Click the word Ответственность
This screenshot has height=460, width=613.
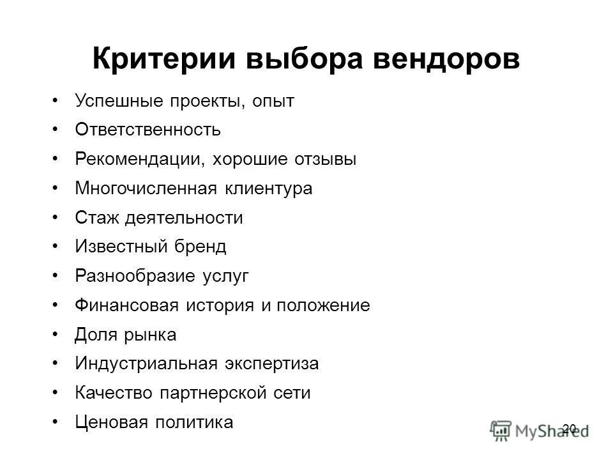pyautogui.click(x=148, y=130)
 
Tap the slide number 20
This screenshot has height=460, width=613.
pyautogui.click(x=570, y=427)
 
